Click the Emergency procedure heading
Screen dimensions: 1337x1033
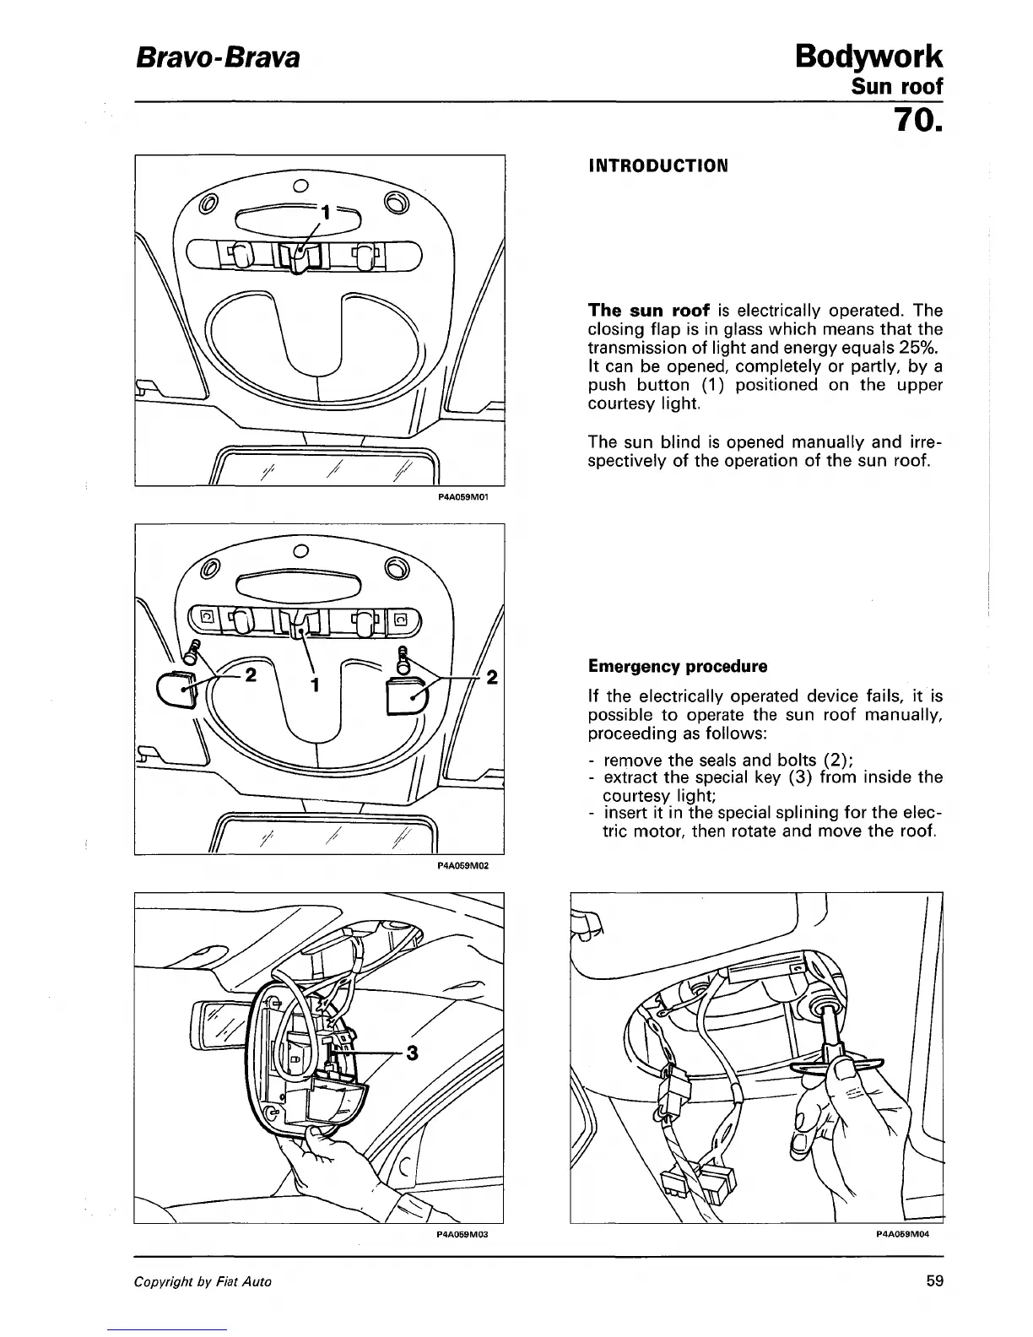(678, 666)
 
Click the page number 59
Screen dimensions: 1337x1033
(933, 1280)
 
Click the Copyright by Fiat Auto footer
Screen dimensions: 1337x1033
(203, 1281)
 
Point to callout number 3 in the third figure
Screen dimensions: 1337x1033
(412, 1053)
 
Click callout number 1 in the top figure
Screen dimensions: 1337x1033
(324, 213)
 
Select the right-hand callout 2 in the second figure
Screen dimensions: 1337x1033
(493, 677)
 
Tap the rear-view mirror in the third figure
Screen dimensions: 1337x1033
(218, 1025)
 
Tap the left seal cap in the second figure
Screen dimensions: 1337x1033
(176, 691)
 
